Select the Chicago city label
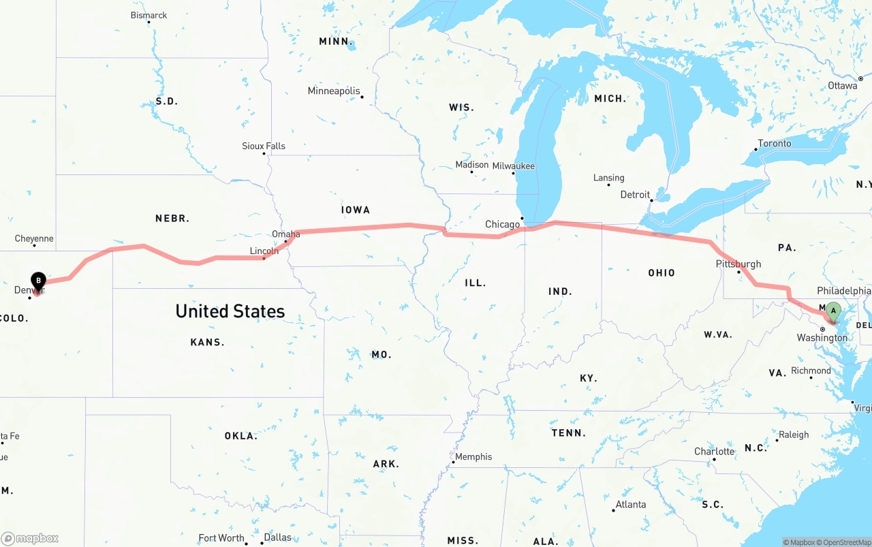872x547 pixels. [502, 225]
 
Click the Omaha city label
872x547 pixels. [285, 234]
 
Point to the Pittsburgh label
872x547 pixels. [738, 264]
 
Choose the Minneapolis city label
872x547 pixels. [334, 91]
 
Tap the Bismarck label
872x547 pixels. [149, 15]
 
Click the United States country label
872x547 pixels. [230, 311]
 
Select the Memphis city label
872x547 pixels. [473, 457]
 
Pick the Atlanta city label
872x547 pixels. [630, 505]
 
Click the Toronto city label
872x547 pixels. [775, 144]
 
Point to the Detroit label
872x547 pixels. [635, 195]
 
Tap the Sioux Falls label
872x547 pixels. [264, 146]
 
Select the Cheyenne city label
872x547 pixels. [34, 239]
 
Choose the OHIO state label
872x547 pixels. [661, 273]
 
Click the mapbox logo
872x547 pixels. [30, 538]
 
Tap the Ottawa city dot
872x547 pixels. [861, 79]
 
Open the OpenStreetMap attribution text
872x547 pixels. [845, 542]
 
